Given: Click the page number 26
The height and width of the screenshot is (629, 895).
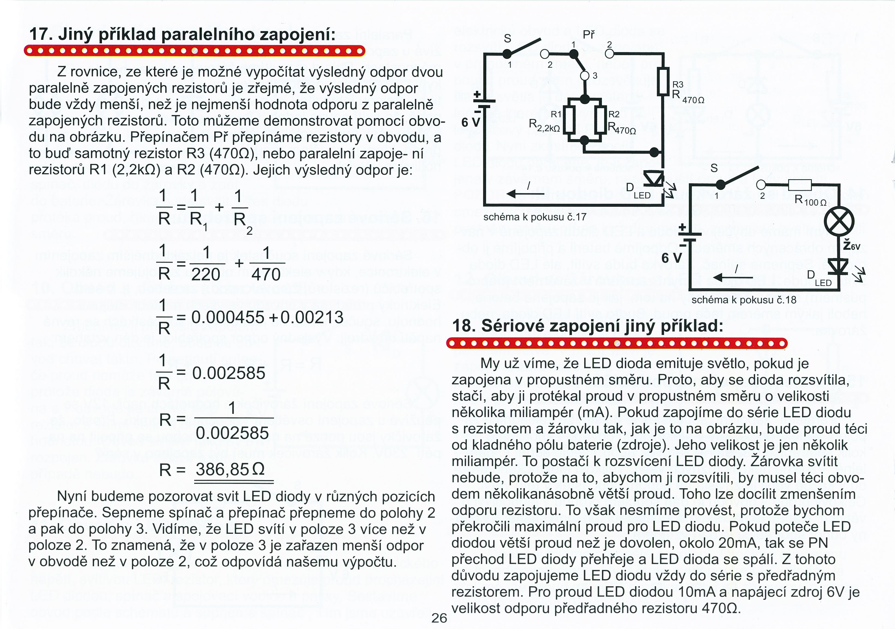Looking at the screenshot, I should point(439,618).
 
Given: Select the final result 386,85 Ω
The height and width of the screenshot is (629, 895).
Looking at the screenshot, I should point(230,469).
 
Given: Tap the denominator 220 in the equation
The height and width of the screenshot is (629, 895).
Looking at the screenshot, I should point(206,274).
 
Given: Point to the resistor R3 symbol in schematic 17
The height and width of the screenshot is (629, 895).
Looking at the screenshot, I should point(663,81).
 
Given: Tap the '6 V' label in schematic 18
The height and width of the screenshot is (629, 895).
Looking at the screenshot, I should point(672,258).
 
